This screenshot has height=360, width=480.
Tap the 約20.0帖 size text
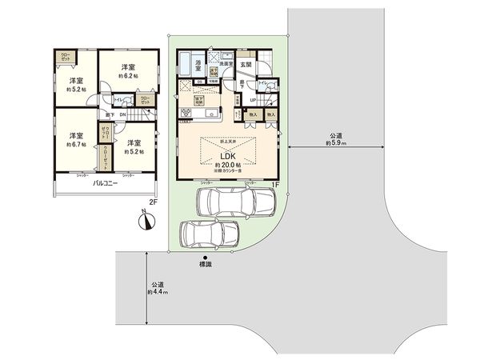pyautogui.click(x=227, y=165)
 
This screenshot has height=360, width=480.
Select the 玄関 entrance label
pyautogui.click(x=246, y=63)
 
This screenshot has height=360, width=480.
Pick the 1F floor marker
pyautogui.click(x=274, y=186)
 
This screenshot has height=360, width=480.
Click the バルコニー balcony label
pyautogui.click(x=105, y=184)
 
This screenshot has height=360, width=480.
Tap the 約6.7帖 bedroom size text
pyautogui.click(x=76, y=143)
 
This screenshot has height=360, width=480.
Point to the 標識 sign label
pyautogui.click(x=206, y=264)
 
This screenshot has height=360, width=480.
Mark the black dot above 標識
pyautogui.click(x=206, y=257)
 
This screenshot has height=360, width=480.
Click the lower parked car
pyautogui.click(x=208, y=234)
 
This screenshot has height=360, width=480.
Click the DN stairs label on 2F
pyautogui.click(x=122, y=114)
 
